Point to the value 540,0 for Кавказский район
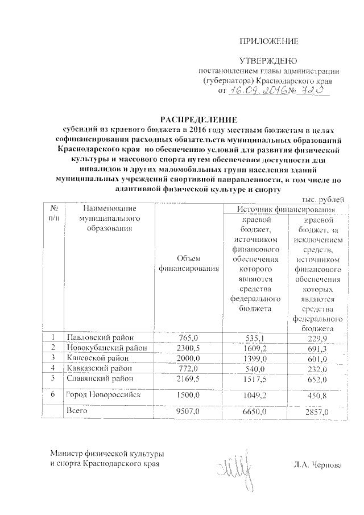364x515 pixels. (255, 368)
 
